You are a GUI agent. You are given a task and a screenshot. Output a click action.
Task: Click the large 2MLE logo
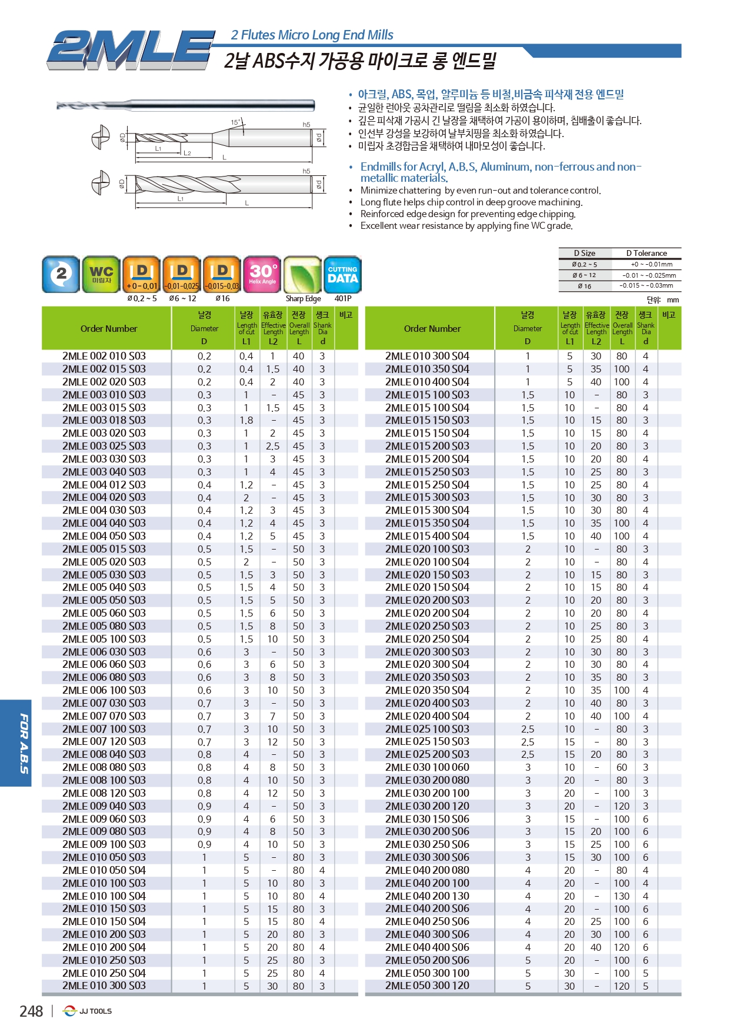[x=131, y=50]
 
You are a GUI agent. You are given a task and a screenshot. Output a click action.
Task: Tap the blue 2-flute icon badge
[x=61, y=274]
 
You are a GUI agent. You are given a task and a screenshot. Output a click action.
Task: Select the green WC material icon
[x=101, y=274]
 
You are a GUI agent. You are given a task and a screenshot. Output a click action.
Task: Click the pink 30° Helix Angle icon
[x=262, y=274]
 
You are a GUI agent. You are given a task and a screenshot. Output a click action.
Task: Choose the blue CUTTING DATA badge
[x=342, y=274]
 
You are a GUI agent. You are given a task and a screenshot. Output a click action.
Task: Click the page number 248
[x=31, y=1011]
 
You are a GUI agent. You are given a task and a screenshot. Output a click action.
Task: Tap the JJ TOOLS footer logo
[x=88, y=1011]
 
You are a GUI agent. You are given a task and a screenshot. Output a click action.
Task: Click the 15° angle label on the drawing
[x=235, y=122]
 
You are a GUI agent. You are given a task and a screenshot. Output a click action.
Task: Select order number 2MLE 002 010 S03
[x=104, y=356]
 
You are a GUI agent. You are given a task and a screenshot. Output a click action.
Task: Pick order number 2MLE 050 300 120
[x=428, y=986]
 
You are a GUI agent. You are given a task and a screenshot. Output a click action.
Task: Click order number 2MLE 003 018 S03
[x=104, y=420]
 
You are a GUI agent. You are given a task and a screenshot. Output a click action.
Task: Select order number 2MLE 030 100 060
[x=428, y=767]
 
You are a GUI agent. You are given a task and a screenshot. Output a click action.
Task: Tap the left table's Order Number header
[x=109, y=328]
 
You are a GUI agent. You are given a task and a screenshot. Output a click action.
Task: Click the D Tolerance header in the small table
[x=646, y=253]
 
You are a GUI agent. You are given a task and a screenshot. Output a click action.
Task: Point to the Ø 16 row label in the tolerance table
[x=585, y=286]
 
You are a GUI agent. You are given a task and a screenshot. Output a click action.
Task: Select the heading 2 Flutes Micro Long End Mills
[x=312, y=35]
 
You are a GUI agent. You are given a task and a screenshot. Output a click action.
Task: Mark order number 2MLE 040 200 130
[x=428, y=895]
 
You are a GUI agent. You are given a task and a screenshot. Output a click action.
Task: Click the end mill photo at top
[x=186, y=106]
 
